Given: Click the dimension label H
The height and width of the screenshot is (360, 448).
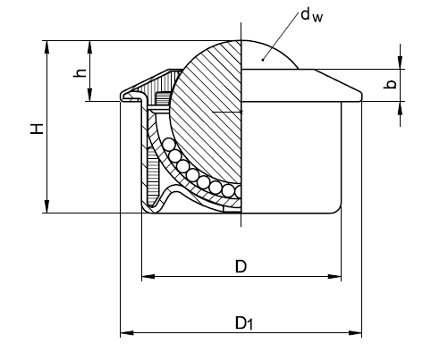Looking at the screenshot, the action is tap(37, 129).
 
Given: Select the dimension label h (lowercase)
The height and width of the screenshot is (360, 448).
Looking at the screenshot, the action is tap(80, 73).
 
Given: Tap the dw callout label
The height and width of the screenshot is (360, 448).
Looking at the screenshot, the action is tap(311, 15).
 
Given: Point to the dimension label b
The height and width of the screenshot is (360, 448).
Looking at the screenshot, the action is tap(390, 84).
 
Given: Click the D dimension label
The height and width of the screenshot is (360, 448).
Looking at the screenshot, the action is tap(241, 266).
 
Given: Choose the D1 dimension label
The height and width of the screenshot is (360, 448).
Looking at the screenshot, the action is tap(244, 323).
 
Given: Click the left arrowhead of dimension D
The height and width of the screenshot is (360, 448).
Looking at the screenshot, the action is tap(148, 277).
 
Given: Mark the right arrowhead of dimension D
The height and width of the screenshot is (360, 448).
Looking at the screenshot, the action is tap(334, 277).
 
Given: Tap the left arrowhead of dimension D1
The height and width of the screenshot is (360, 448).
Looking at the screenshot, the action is tap(127, 332).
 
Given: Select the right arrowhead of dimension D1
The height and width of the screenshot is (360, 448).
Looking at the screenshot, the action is tap(355, 332).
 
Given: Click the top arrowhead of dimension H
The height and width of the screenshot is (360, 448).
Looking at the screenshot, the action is tap(46, 46).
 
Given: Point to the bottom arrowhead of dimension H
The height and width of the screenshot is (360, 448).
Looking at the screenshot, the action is tap(46, 206).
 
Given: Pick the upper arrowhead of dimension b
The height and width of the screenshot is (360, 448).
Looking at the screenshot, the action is tap(400, 63).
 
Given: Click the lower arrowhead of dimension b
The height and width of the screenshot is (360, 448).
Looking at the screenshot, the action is tap(400, 108).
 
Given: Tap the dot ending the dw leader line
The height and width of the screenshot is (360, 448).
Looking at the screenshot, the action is tap(263, 60).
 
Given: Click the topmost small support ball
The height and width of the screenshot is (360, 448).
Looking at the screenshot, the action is tap(169, 144).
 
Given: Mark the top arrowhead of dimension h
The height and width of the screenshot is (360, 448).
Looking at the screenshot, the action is tap(90, 46).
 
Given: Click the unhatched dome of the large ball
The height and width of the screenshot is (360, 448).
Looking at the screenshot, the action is tap(268, 55).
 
